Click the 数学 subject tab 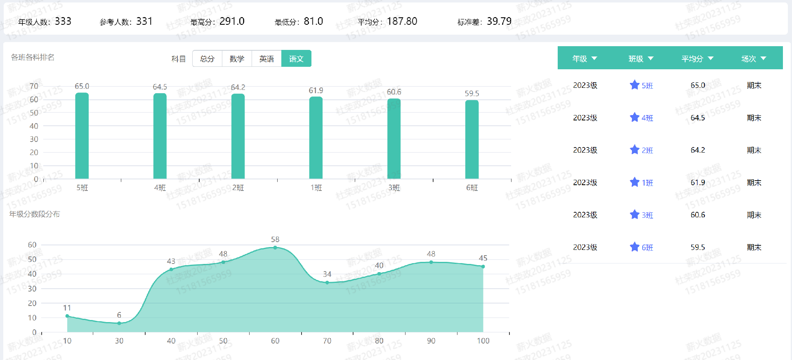[237, 59]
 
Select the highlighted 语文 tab [296, 59]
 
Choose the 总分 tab [207, 59]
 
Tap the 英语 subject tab [266, 59]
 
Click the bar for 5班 [82, 136]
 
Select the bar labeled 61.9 [316, 138]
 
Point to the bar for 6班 [472, 140]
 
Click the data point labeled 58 [275, 247]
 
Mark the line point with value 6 [119, 323]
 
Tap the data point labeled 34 [327, 282]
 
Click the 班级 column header [636, 59]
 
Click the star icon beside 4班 [634, 118]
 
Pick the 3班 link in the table [647, 215]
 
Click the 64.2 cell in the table [698, 150]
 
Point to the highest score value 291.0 [232, 21]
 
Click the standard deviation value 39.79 [499, 21]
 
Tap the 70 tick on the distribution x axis [327, 341]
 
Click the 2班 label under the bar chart [238, 188]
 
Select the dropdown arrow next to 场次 [763, 59]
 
